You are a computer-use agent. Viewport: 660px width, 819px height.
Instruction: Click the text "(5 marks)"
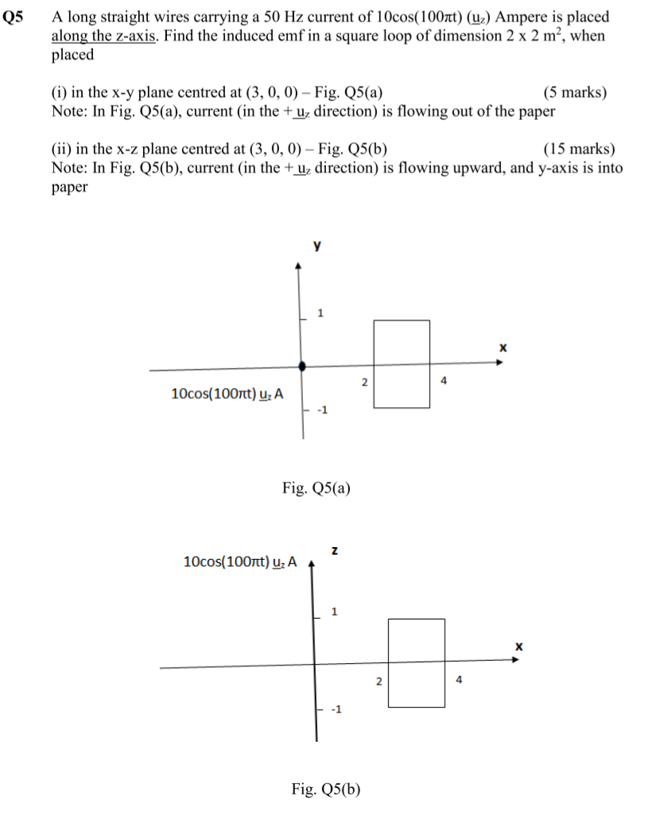click(x=575, y=93)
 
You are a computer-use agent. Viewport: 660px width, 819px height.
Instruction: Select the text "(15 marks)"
click(x=579, y=149)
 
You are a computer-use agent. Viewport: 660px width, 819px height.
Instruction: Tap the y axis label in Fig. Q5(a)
click(x=317, y=247)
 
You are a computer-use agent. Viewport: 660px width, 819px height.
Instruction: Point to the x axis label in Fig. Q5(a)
click(x=503, y=347)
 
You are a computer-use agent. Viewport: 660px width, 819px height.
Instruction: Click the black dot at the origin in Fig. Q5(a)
click(x=301, y=367)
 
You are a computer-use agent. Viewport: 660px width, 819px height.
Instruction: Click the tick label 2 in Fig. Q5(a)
click(x=364, y=382)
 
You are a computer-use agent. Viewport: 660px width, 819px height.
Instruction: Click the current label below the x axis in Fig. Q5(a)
click(x=227, y=394)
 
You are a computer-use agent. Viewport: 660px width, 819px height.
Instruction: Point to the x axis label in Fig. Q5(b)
click(x=518, y=646)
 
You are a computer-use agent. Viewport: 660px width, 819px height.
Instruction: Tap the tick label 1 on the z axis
click(x=334, y=612)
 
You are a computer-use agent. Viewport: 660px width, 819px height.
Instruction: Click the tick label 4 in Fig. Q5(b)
click(x=459, y=680)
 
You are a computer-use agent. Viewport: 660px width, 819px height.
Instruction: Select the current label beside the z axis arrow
click(x=239, y=562)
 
